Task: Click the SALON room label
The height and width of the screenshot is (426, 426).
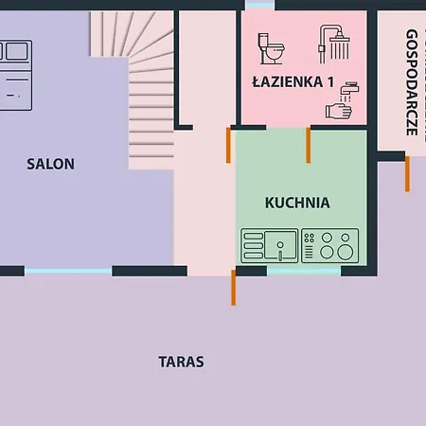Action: point(50,164)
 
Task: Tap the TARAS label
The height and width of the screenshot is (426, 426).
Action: point(181,362)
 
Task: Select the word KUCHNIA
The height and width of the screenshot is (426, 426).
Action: point(297,202)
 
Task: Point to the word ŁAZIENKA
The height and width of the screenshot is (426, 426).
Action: point(287,81)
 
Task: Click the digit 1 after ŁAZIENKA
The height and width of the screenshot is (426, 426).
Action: point(330,81)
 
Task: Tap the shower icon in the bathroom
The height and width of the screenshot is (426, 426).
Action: point(336,44)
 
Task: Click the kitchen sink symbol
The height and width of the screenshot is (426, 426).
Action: point(270,245)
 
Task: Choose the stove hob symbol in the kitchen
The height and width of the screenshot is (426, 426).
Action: point(330,245)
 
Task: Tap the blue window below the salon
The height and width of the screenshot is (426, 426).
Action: point(67,272)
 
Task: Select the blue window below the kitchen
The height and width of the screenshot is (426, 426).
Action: point(304,272)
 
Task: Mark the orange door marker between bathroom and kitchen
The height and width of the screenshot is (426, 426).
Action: point(308,144)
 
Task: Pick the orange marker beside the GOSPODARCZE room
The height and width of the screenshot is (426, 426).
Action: point(407,173)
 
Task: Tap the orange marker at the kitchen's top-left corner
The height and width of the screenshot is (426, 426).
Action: point(228,145)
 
